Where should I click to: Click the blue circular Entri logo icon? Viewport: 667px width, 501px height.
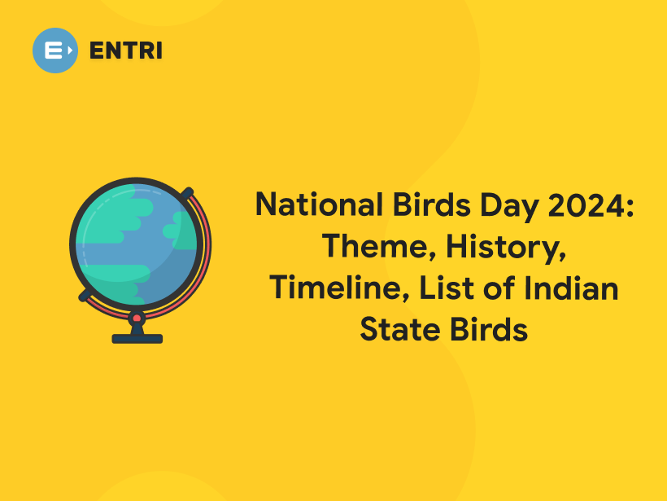(x=55, y=51)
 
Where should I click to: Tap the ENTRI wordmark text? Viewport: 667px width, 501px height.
(x=126, y=51)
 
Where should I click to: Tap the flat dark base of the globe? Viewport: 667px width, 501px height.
(x=137, y=338)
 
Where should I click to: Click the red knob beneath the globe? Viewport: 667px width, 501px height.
(x=137, y=318)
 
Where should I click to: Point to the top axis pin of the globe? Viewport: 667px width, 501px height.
(x=188, y=193)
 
